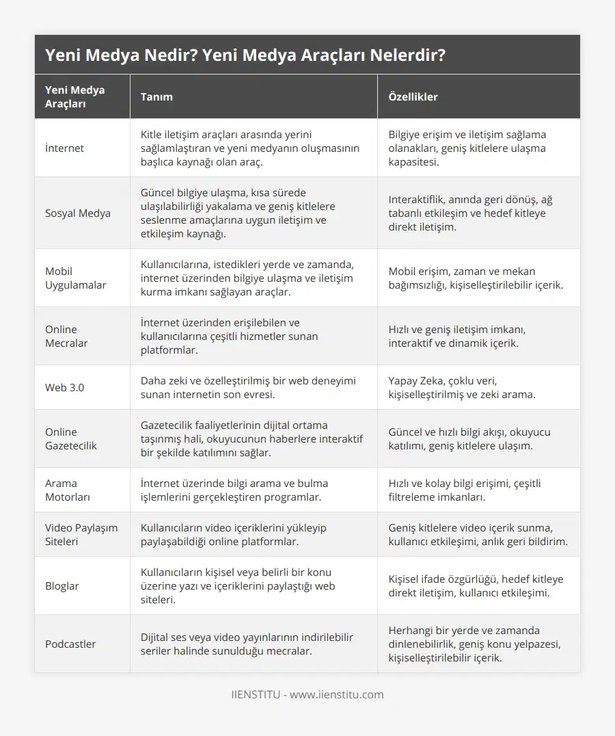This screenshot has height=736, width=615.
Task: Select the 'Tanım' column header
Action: [156, 96]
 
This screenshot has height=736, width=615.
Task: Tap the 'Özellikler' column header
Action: [413, 96]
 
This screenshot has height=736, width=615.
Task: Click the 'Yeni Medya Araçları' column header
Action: [75, 96]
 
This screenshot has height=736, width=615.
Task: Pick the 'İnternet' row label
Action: [64, 148]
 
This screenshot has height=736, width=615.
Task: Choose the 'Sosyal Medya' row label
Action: [77, 213]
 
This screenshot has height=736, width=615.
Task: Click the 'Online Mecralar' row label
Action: [66, 336]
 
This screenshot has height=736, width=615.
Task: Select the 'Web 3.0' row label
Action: [64, 387]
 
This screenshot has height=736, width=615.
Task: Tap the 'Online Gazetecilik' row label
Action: [71, 438]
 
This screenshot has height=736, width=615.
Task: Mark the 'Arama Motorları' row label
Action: [68, 490]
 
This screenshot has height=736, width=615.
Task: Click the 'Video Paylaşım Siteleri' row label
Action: [81, 534]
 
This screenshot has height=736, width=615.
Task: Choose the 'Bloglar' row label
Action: [62, 586]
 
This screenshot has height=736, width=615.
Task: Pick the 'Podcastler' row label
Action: [70, 644]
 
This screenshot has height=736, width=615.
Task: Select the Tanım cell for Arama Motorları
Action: [234, 490]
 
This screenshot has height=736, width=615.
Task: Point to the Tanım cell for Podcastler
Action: [246, 644]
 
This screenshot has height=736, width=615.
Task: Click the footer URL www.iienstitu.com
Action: [337, 694]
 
